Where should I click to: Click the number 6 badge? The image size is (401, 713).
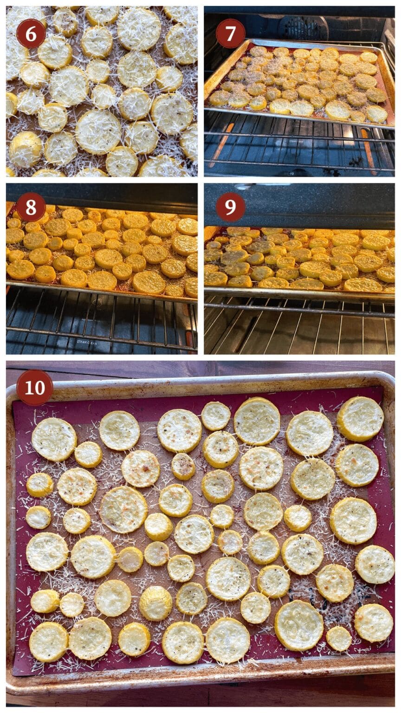click(31, 33)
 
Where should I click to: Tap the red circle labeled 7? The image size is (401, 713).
click(231, 33)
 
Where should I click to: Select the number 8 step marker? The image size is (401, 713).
click(31, 207)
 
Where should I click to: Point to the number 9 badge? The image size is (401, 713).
click(231, 207)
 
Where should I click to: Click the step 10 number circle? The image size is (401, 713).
click(35, 388)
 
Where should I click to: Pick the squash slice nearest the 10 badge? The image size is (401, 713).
click(54, 439)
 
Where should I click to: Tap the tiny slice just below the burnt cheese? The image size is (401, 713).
click(338, 639)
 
